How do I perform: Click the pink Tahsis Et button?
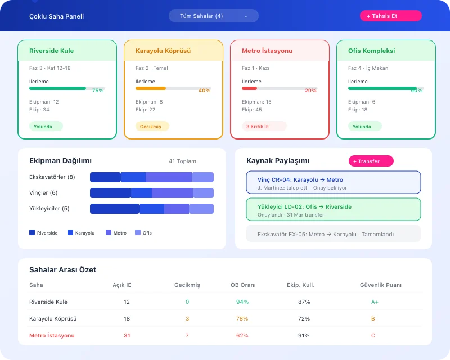tap(390, 16)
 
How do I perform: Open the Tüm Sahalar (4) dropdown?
tap(213, 16)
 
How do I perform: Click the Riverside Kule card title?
tap(51, 51)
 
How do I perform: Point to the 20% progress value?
tap(310, 91)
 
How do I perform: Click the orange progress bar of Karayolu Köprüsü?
tap(151, 88)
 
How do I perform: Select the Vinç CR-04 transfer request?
tap(333, 183)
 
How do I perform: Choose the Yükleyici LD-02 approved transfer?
tap(333, 210)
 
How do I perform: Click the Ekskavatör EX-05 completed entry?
tap(333, 234)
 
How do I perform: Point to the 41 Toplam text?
tap(182, 161)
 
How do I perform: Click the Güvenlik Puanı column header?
tap(380, 285)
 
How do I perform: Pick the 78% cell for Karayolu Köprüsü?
tap(242, 319)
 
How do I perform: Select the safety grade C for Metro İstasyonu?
tap(373, 336)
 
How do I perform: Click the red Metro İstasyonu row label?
tap(52, 336)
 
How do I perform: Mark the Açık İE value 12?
tap(127, 302)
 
